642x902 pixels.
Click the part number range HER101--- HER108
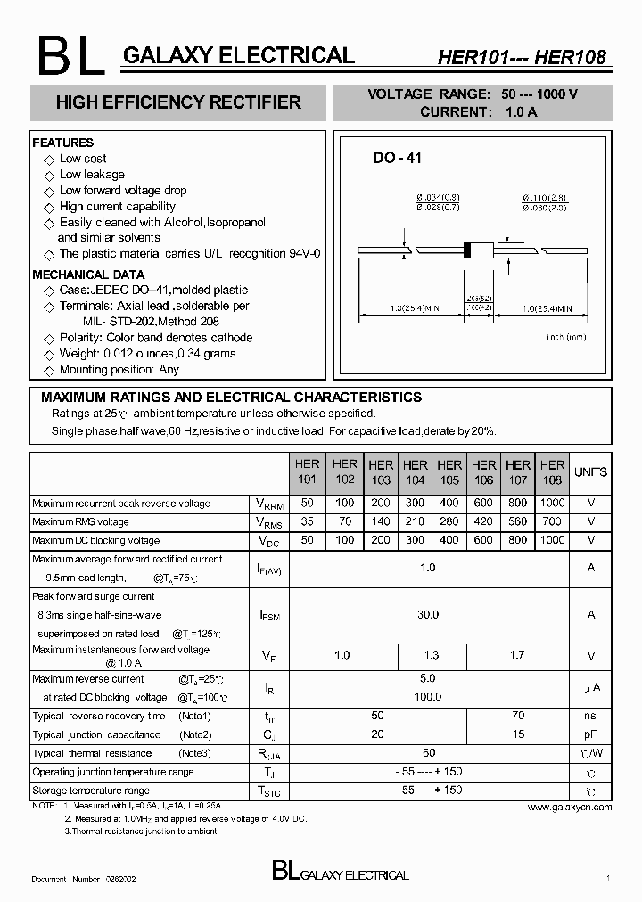coord(521,58)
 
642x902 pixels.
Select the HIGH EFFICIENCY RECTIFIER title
coord(178,102)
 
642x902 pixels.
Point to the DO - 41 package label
coord(397,159)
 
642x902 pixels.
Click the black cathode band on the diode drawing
coord(466,250)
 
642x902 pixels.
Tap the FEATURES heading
coord(62,143)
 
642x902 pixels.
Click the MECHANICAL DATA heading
coord(88,275)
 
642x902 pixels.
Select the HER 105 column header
coord(449,472)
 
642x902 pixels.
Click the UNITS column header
coord(590,472)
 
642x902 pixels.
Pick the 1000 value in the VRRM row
coord(552,504)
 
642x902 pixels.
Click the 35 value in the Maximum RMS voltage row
coord(308,522)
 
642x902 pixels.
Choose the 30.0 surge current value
coord(428,614)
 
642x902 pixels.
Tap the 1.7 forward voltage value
coord(517,656)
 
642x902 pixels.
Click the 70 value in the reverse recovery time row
coord(517,716)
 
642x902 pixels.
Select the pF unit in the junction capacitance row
coord(590,734)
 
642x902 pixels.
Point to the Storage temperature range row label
coord(91,791)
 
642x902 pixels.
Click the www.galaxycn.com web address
coord(570,807)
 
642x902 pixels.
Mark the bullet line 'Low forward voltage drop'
coord(123,191)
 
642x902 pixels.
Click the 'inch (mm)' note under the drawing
coord(565,337)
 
